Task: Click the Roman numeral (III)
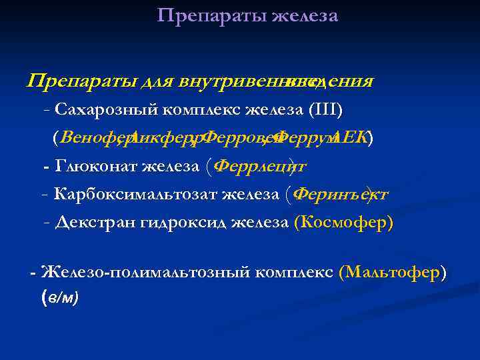pos(325,109)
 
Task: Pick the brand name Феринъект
pos(341,194)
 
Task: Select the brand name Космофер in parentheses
pos(343,223)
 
